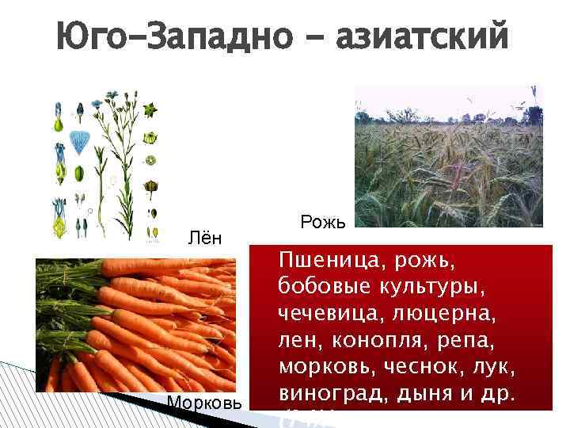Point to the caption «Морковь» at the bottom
(204, 402)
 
